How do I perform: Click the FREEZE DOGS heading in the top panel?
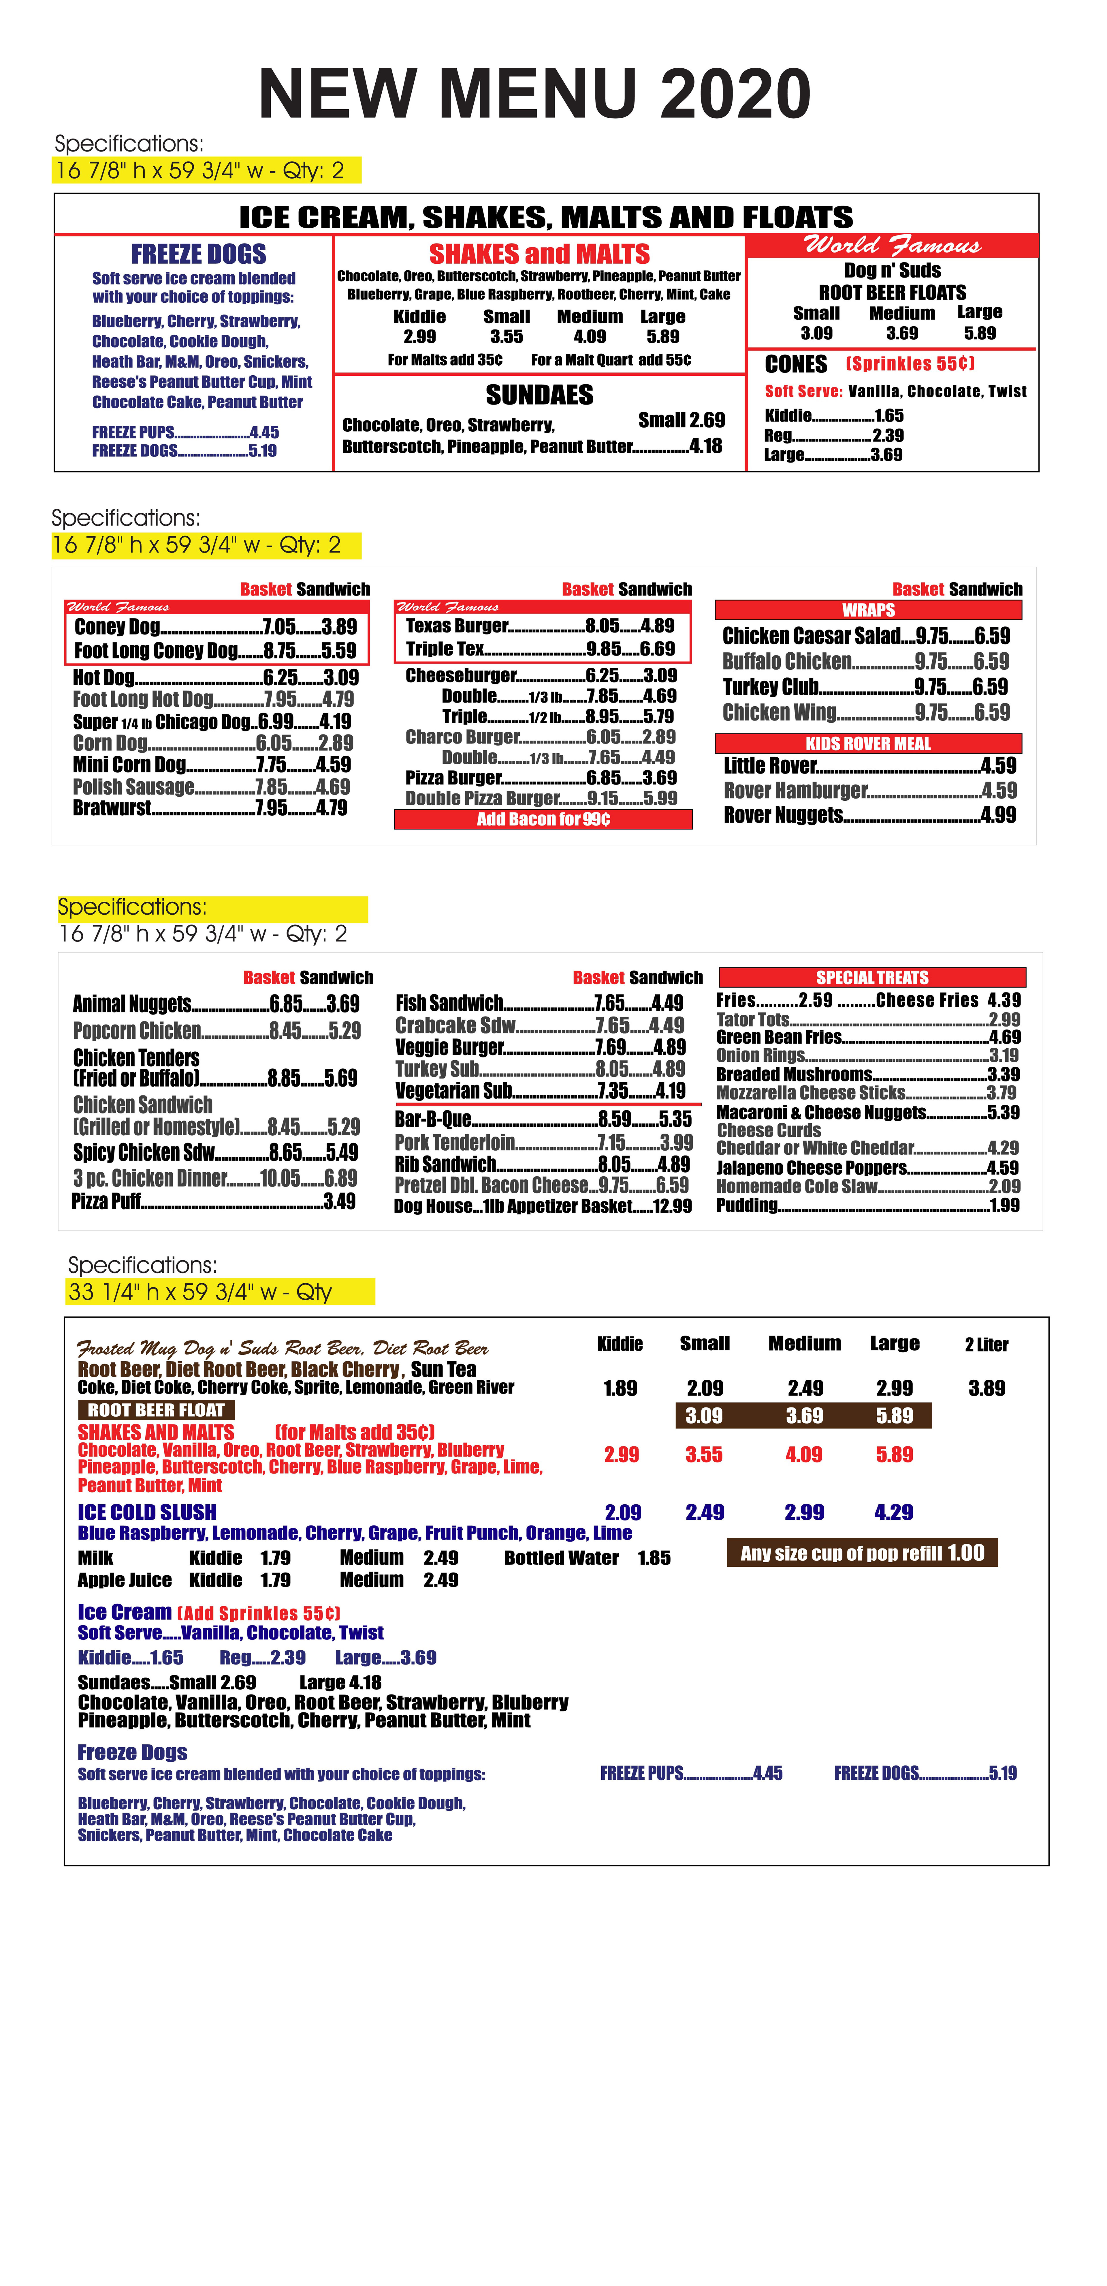pos(199,255)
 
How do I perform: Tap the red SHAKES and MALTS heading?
pos(539,255)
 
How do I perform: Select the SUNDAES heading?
pos(539,395)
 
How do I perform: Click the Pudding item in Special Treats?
pos(747,1205)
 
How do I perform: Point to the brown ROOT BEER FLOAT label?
pos(156,1410)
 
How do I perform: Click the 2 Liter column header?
pos(986,1345)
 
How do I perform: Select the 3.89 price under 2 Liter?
pos(986,1388)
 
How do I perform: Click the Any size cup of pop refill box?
pos(862,1553)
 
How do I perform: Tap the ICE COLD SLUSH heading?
pos(147,1512)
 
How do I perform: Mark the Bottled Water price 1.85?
pos(654,1558)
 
